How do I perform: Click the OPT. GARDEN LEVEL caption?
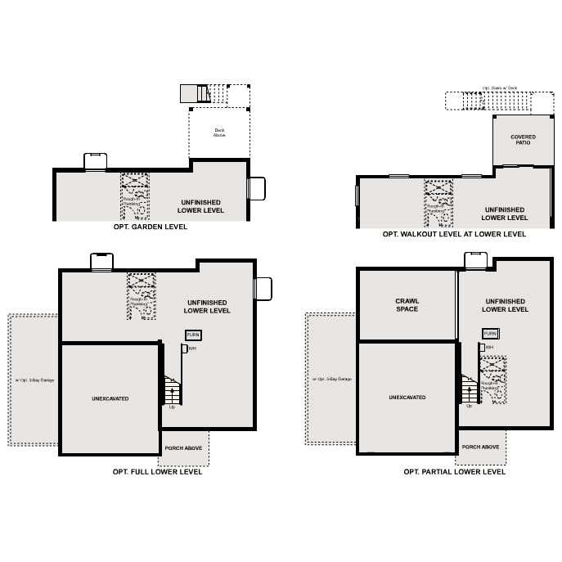[x=151, y=227]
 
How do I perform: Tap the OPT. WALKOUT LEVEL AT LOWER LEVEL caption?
[x=454, y=234]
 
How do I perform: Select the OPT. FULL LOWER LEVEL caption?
[x=157, y=472]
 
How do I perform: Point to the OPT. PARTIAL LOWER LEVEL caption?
[x=454, y=472]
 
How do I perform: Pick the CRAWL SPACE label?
[x=407, y=305]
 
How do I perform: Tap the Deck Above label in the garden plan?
[x=219, y=133]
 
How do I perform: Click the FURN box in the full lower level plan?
[x=193, y=335]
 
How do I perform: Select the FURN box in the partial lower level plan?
[x=490, y=334]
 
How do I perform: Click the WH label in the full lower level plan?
[x=192, y=349]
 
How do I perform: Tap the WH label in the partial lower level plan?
[x=489, y=348]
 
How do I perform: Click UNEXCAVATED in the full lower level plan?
[x=110, y=398]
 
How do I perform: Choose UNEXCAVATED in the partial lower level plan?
[x=407, y=398]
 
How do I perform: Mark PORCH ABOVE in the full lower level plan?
[x=184, y=448]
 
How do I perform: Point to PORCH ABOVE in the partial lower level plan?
[x=480, y=447]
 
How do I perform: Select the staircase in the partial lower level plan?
[x=468, y=389]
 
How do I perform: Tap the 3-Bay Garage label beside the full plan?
[x=34, y=380]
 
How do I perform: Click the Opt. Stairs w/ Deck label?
[x=499, y=88]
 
